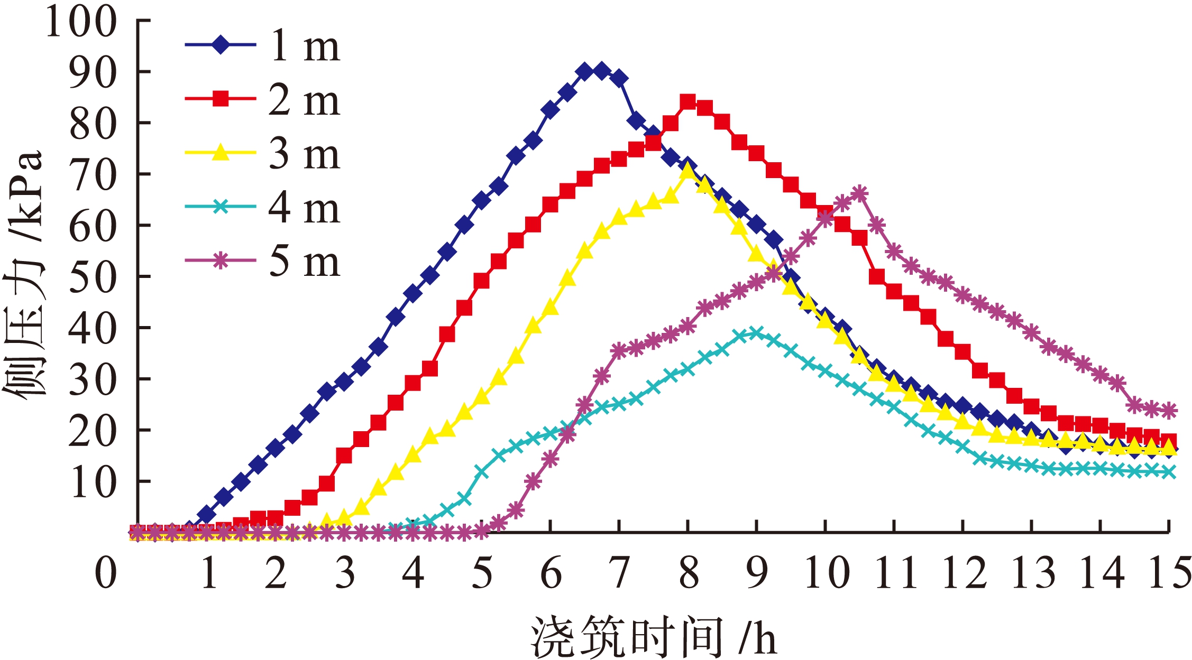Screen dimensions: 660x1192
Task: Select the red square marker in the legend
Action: click(221, 99)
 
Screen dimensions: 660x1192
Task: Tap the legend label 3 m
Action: click(304, 154)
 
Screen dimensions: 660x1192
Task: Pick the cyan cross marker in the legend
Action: click(221, 207)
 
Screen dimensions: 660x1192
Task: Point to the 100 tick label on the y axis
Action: click(81, 22)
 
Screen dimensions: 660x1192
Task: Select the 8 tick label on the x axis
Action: click(689, 573)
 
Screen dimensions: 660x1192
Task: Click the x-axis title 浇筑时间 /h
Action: click(653, 637)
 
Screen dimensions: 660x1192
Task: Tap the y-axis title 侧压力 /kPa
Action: click(24, 275)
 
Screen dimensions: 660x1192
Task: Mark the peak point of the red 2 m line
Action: click(687, 101)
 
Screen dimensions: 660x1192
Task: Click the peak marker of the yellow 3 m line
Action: click(687, 171)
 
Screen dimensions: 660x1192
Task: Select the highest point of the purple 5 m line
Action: click(860, 193)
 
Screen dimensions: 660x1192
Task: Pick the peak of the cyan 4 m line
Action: click(756, 333)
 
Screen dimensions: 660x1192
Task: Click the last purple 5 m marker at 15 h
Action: click(1169, 410)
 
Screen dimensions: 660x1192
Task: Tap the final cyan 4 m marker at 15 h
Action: click(1169, 472)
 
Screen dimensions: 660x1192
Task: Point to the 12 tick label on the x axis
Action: click(964, 573)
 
